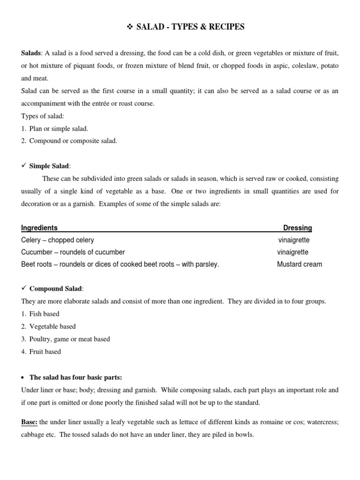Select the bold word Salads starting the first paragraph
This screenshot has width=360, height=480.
tap(31, 54)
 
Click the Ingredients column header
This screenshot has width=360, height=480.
tap(39, 228)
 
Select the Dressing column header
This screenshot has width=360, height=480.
tap(297, 228)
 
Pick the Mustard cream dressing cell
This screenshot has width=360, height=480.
tap(300, 264)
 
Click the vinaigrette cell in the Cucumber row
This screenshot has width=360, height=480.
tap(292, 252)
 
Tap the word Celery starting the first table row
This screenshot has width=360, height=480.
tap(31, 240)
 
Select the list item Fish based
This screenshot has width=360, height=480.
tap(44, 314)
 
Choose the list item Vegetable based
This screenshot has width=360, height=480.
tap(52, 326)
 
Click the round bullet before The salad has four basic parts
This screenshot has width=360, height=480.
tap(23, 377)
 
